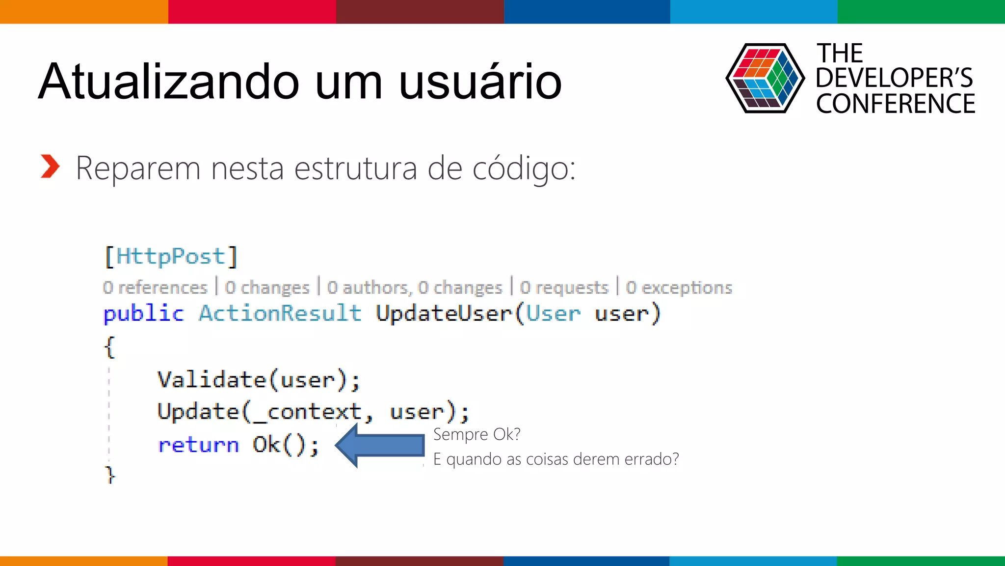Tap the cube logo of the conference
click(x=765, y=78)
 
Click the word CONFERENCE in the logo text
click(x=895, y=104)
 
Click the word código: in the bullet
click(x=524, y=169)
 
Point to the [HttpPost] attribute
click(x=171, y=256)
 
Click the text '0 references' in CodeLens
click(x=155, y=287)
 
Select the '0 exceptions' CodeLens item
click(x=679, y=287)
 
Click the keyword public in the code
click(x=143, y=313)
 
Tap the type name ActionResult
click(x=280, y=313)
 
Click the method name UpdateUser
click(x=444, y=313)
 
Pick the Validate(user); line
click(x=259, y=380)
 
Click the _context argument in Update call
click(x=307, y=412)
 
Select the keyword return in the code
click(x=198, y=445)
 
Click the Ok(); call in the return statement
click(x=286, y=445)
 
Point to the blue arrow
click(x=380, y=445)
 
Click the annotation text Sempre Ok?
click(x=476, y=434)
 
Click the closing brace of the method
click(x=110, y=474)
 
